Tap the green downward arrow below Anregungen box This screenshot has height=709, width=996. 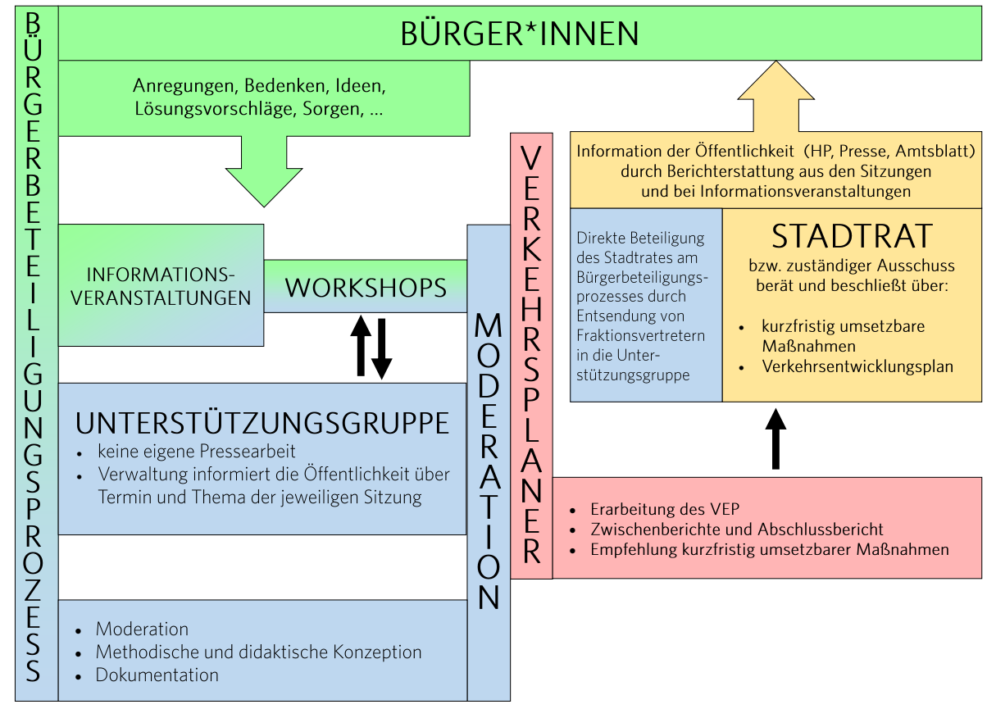(x=264, y=171)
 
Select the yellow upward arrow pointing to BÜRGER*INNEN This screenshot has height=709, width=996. (x=776, y=96)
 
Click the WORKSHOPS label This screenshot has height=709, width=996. (x=366, y=288)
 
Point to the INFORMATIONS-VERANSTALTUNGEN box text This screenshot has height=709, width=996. (x=161, y=286)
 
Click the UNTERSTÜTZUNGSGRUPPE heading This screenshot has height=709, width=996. (x=262, y=423)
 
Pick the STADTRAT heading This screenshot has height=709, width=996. (x=852, y=236)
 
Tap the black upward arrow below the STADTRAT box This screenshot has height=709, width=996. (x=776, y=439)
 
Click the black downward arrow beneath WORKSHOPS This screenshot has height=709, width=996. (x=381, y=348)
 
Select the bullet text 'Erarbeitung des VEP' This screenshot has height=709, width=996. (x=665, y=509)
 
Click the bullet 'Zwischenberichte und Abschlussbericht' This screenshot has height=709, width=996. (x=737, y=529)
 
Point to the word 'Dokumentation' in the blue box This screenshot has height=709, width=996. (x=157, y=675)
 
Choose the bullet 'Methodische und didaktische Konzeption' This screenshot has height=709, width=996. (x=258, y=652)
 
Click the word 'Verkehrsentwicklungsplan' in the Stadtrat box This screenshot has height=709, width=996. (x=857, y=366)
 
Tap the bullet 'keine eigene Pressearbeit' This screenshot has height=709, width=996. (x=197, y=451)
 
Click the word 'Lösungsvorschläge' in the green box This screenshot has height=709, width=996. (x=216, y=109)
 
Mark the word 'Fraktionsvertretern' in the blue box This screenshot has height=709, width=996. (x=641, y=335)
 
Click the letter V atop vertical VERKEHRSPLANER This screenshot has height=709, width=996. (x=531, y=158)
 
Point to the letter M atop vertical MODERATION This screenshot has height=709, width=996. (x=489, y=325)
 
